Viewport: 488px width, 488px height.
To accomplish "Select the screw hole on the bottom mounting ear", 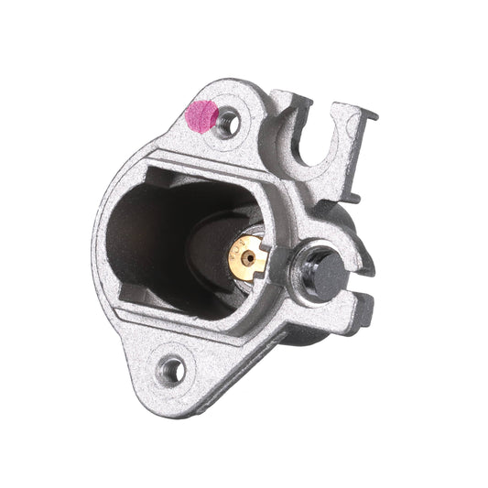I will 171,370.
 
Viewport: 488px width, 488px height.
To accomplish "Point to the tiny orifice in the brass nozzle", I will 242,257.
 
